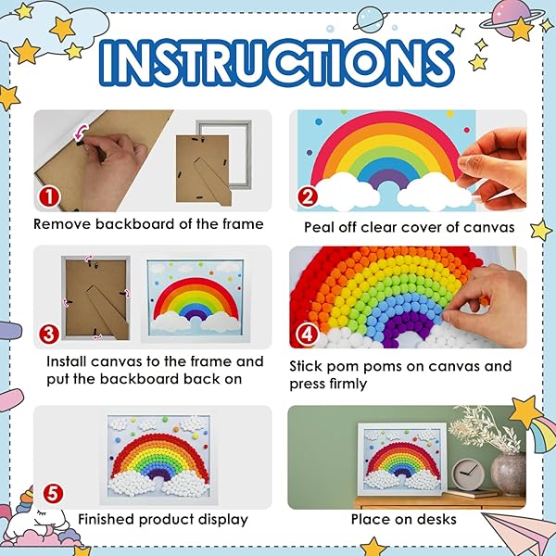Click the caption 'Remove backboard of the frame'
point(148,223)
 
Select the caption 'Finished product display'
point(162,519)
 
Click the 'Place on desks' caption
point(403,519)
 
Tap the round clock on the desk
point(469,474)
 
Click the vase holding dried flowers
point(507,474)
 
